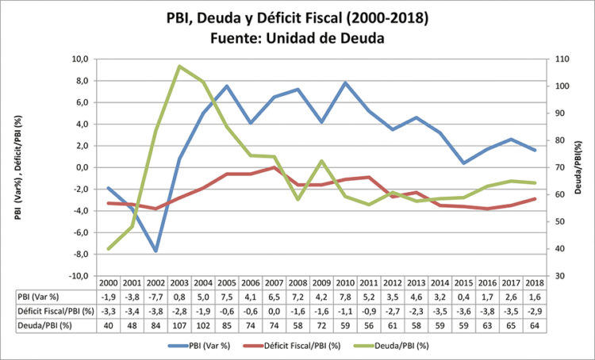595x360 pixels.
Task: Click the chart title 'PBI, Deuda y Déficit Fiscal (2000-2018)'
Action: click(297, 17)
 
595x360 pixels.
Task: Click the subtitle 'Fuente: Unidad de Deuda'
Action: click(297, 38)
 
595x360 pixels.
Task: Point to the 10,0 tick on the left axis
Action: click(79, 59)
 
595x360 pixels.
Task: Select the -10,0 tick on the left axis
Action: click(78, 276)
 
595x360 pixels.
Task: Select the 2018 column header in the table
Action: click(532, 283)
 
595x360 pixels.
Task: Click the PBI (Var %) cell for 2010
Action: click(344, 296)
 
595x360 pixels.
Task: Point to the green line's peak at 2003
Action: click(180, 67)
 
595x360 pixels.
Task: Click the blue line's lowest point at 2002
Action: click(156, 251)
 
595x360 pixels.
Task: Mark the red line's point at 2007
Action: click(274, 167)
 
